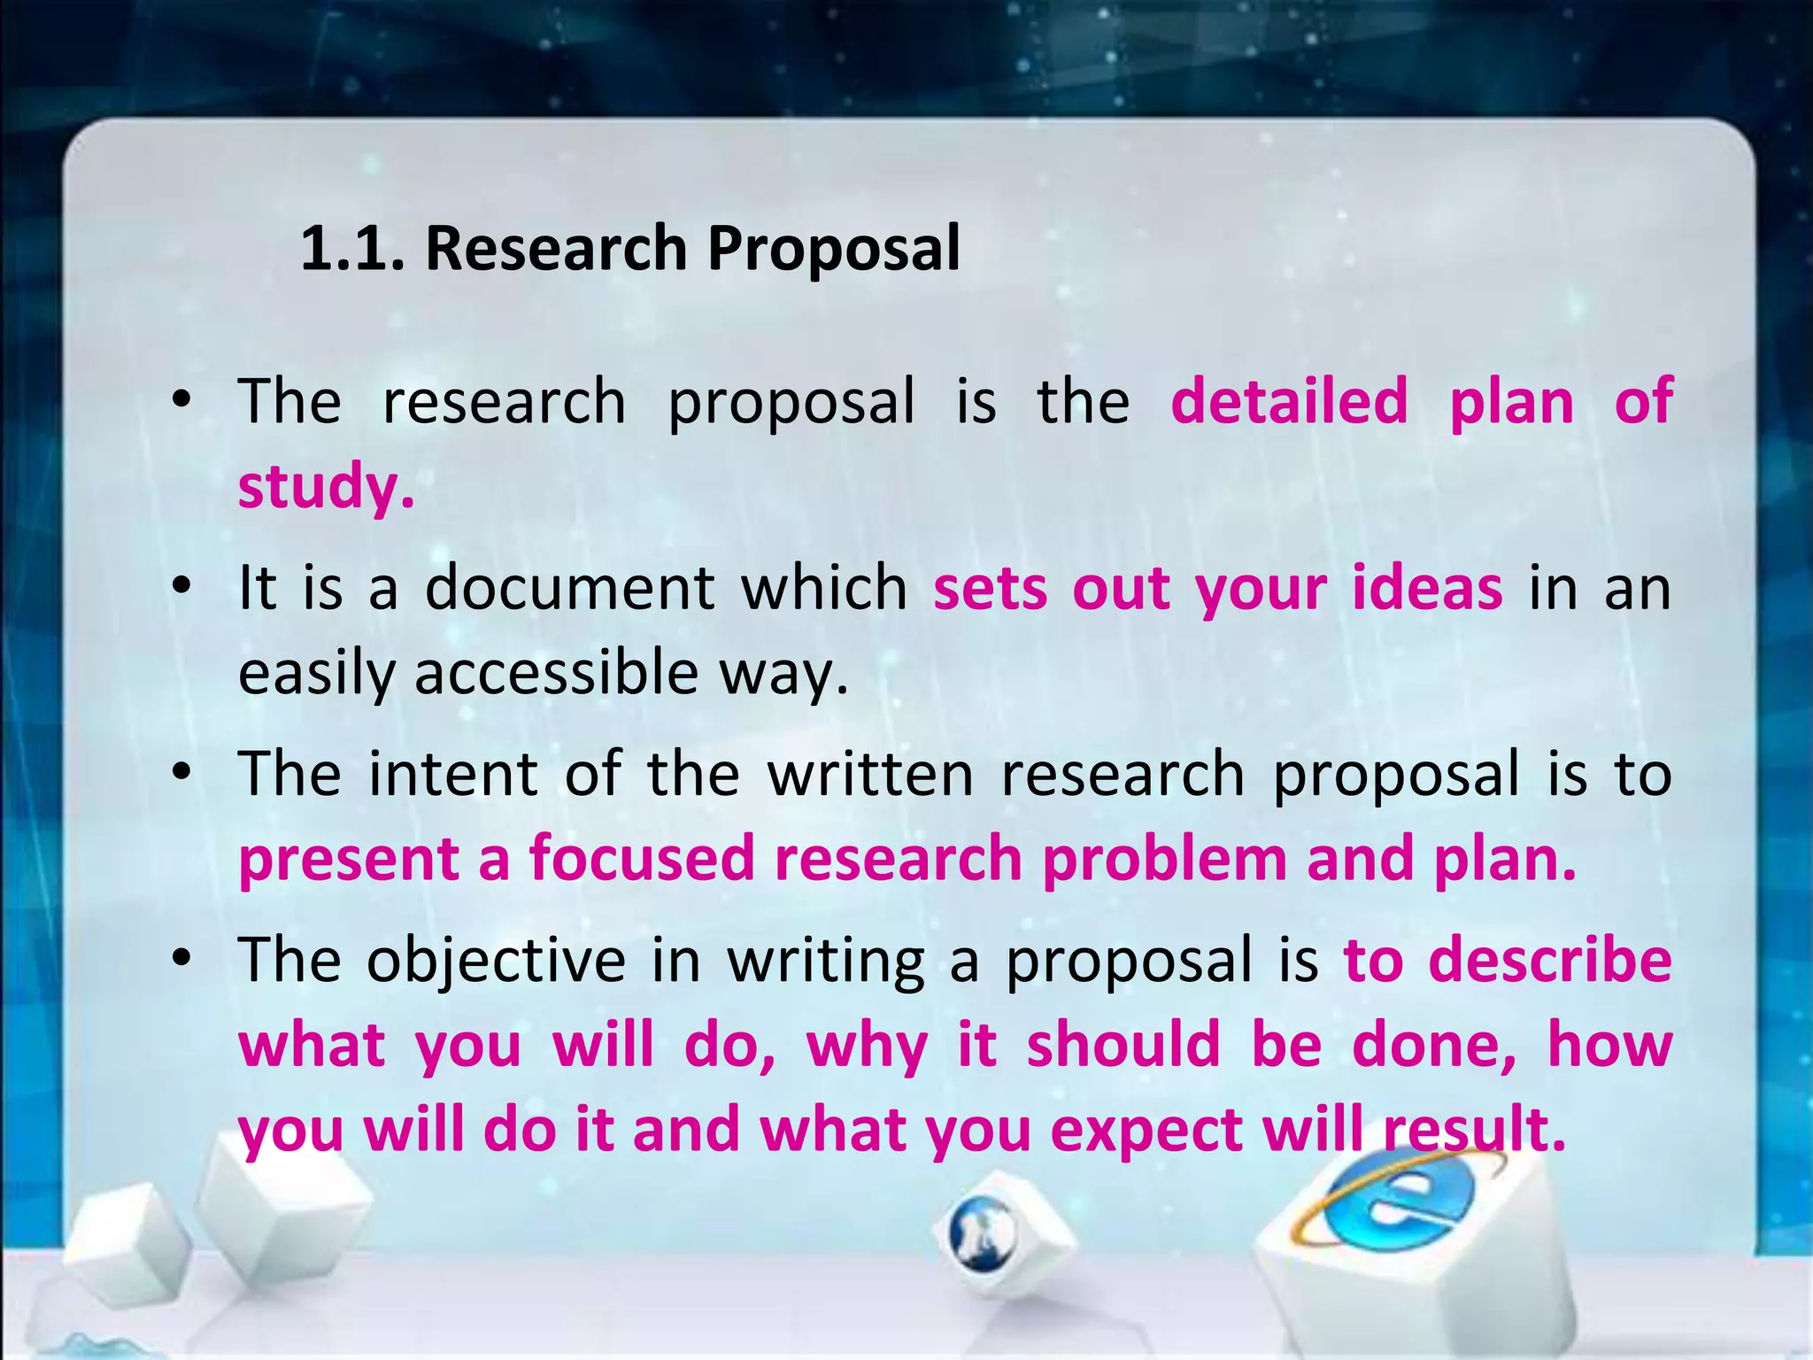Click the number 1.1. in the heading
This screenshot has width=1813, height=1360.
(352, 249)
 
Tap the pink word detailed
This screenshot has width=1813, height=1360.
(1289, 401)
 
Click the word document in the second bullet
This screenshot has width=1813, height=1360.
(569, 588)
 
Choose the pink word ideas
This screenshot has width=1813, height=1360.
(1427, 588)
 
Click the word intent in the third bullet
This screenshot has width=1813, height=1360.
(452, 774)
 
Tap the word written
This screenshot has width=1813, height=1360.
(870, 774)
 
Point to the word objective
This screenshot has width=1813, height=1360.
(496, 962)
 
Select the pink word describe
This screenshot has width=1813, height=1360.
(1550, 960)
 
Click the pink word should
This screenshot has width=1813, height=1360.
(1123, 1045)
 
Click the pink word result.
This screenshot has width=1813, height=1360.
(1474, 1130)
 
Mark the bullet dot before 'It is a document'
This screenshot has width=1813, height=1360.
(182, 586)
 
